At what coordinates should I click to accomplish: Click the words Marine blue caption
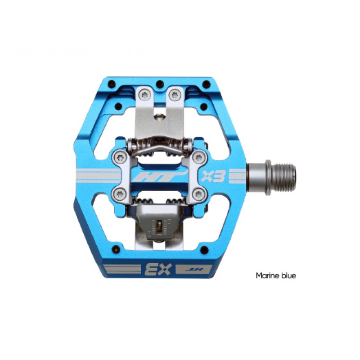(276, 275)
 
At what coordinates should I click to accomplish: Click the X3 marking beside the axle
(213, 176)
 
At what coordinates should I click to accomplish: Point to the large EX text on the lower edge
(158, 269)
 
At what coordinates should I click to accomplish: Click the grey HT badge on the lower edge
(194, 269)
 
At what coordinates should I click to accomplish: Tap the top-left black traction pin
(112, 83)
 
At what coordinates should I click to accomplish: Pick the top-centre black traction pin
(160, 84)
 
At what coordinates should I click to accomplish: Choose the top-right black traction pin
(207, 84)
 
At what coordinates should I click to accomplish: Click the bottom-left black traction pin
(116, 249)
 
